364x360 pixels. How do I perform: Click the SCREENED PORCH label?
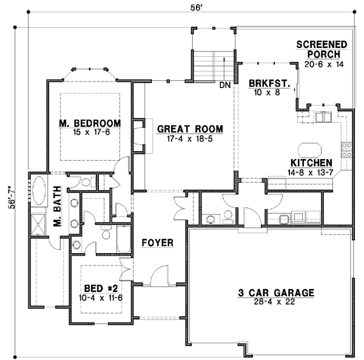coord(321,49)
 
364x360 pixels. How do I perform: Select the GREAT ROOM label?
coord(190,129)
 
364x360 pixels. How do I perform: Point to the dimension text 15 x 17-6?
coord(90,132)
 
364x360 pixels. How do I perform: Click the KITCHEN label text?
coord(311,163)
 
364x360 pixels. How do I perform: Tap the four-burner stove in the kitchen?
coord(348,149)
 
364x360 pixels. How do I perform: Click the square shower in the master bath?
coord(39,223)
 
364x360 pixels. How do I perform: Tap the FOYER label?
coord(158,243)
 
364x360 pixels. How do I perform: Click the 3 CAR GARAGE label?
coord(275,293)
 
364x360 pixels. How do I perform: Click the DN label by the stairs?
coord(224,85)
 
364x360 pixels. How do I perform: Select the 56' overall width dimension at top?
coord(189,7)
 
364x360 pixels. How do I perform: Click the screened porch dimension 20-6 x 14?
coord(323,64)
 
